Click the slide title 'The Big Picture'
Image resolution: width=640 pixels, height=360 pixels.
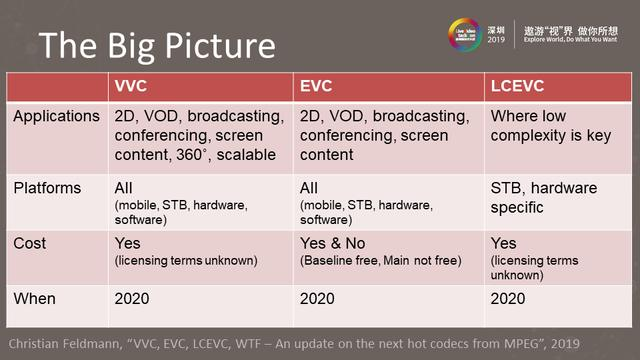156,46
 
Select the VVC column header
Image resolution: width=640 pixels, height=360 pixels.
136,87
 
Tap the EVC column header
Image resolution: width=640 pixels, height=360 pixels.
319,87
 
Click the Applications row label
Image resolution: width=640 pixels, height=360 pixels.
56,117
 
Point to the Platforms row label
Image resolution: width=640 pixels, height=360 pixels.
48,188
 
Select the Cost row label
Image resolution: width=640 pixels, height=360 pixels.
30,243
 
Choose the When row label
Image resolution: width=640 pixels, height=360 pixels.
35,298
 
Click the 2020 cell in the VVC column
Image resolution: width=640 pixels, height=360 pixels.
137,298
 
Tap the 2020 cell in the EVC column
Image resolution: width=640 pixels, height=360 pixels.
321,298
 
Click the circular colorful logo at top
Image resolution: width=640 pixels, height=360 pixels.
465,33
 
